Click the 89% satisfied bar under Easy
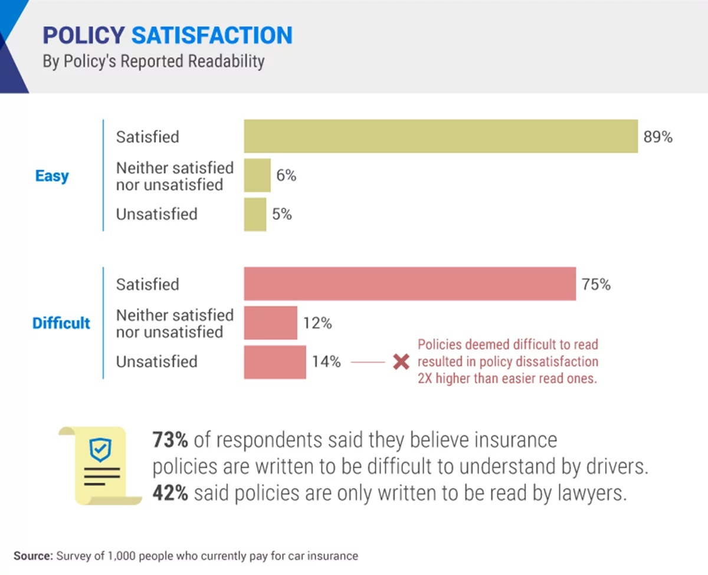click(441, 136)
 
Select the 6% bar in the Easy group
click(257, 175)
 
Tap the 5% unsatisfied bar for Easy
click(255, 214)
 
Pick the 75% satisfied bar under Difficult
click(409, 284)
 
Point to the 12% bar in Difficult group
click(270, 323)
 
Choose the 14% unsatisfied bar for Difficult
click(275, 362)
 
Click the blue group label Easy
click(52, 176)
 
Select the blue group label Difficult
click(61, 323)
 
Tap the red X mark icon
click(401, 362)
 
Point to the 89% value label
click(658, 137)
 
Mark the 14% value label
click(326, 362)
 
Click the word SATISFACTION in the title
click(212, 35)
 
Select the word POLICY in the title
click(83, 35)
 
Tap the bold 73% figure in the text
click(170, 440)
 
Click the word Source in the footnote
click(32, 556)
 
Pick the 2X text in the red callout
click(427, 379)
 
